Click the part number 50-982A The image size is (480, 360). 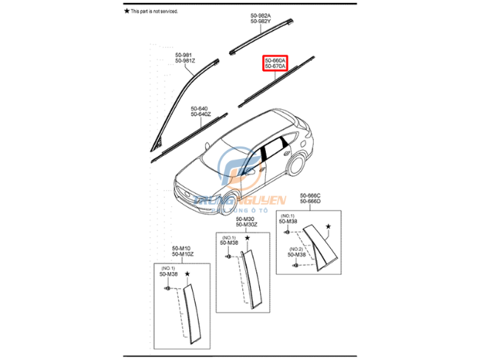(x=261, y=16)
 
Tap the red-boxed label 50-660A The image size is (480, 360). (x=277, y=60)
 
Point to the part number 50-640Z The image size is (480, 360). (x=201, y=113)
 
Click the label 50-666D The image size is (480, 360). (x=310, y=202)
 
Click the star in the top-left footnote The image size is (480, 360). (x=126, y=11)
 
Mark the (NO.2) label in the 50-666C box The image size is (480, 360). (x=296, y=248)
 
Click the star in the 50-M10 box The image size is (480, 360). (x=188, y=274)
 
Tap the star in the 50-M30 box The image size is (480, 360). (x=248, y=238)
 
